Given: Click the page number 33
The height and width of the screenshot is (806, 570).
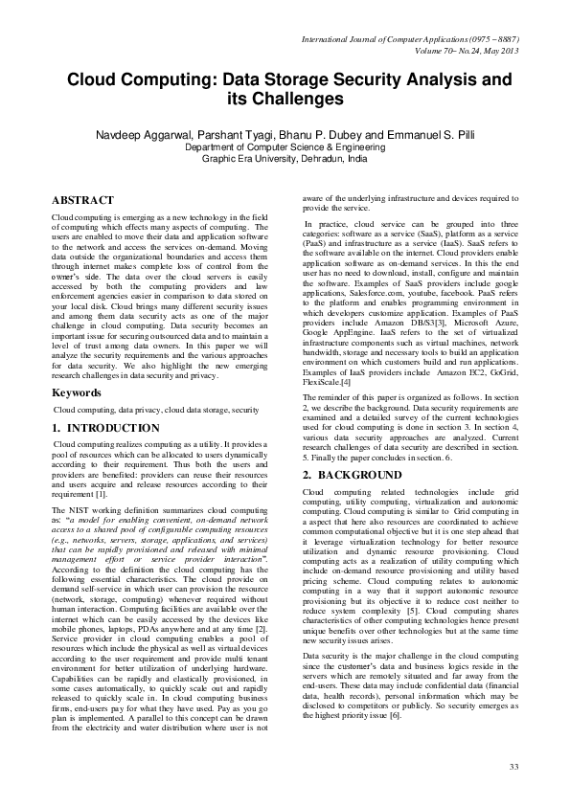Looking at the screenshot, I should tap(513, 767).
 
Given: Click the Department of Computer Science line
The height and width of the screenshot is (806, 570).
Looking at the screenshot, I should tap(285, 148).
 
